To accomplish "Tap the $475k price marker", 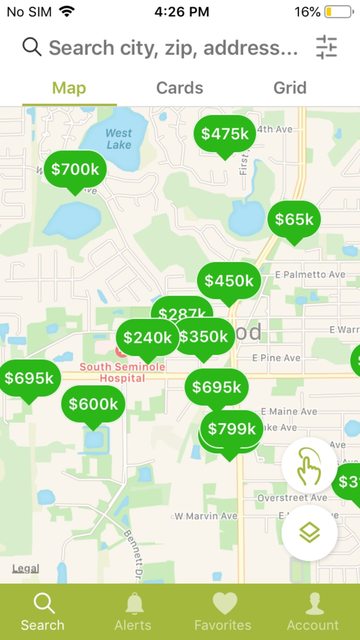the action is point(225,134).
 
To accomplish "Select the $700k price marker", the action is point(75,169).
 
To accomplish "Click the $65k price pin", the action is point(294,220).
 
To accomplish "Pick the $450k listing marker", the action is point(229,281).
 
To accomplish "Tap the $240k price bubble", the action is point(147,337).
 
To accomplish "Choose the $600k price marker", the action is point(93,404).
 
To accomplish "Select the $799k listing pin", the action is point(231,429).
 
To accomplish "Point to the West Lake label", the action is point(119,139).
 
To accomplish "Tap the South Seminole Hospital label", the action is point(122,372).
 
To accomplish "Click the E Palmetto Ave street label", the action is point(310,275).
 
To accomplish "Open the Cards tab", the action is point(179,88).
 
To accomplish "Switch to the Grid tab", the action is point(290,88).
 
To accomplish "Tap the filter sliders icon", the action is point(326,47).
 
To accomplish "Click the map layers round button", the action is point(310,533).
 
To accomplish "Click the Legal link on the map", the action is point(26,568).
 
